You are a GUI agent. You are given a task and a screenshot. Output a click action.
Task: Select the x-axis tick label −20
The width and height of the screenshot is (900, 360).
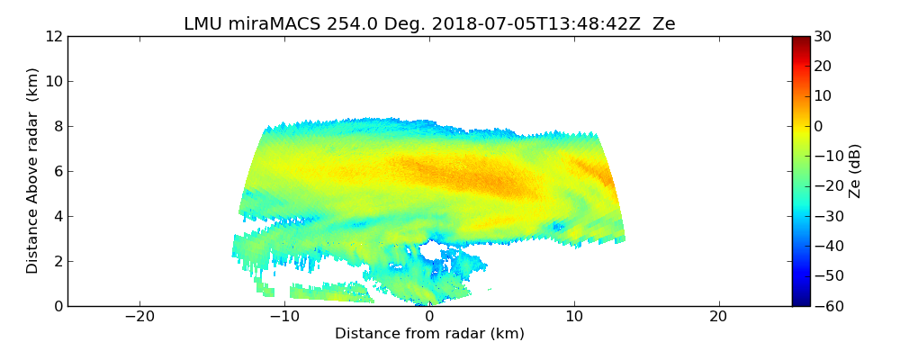click(x=139, y=318)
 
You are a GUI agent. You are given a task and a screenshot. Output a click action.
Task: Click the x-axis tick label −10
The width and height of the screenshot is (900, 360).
click(x=284, y=318)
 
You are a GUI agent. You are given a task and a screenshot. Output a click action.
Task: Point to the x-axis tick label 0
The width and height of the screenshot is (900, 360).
click(x=429, y=318)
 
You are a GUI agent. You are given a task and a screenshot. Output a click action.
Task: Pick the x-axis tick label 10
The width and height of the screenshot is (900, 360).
click(x=574, y=318)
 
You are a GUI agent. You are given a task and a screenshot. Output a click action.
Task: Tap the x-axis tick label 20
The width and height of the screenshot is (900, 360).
click(x=718, y=318)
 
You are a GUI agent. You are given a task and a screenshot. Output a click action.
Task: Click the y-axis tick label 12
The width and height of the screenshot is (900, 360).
click(x=53, y=36)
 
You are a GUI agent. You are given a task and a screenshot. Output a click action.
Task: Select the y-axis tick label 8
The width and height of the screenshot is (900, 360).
click(x=58, y=126)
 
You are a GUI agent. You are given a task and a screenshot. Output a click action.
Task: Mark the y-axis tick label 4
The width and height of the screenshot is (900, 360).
click(x=58, y=216)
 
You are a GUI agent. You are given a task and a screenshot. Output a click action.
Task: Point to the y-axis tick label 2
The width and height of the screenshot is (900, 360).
click(x=58, y=261)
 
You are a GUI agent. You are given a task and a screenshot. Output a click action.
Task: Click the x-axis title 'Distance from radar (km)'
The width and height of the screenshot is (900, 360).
click(x=429, y=334)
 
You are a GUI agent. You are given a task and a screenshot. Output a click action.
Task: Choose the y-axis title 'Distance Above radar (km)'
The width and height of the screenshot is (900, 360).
click(x=33, y=170)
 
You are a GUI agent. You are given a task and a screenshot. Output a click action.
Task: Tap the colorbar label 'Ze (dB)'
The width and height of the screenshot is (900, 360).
click(x=855, y=170)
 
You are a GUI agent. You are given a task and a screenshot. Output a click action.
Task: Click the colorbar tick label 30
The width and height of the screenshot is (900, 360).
click(x=823, y=36)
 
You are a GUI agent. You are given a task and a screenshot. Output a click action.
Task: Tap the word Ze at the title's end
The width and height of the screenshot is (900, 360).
click(x=663, y=24)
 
